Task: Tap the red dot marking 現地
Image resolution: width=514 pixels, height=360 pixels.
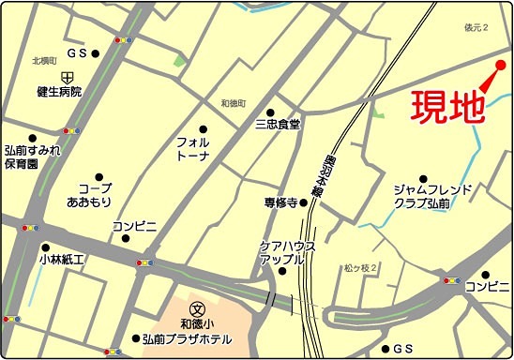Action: [500, 65]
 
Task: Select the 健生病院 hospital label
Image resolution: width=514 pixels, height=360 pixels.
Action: [60, 93]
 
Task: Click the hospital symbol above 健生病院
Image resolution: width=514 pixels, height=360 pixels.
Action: [68, 76]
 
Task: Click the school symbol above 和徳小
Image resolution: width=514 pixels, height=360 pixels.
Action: [197, 307]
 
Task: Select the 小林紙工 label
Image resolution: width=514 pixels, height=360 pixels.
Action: [63, 259]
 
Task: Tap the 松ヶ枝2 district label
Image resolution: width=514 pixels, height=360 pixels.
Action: [359, 269]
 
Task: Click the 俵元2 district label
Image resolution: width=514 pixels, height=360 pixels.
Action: [476, 29]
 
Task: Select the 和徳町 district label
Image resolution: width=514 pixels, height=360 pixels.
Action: [233, 101]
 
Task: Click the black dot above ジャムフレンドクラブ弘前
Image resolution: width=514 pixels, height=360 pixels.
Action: [422, 179]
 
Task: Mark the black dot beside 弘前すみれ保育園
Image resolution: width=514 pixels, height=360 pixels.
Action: [32, 138]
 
